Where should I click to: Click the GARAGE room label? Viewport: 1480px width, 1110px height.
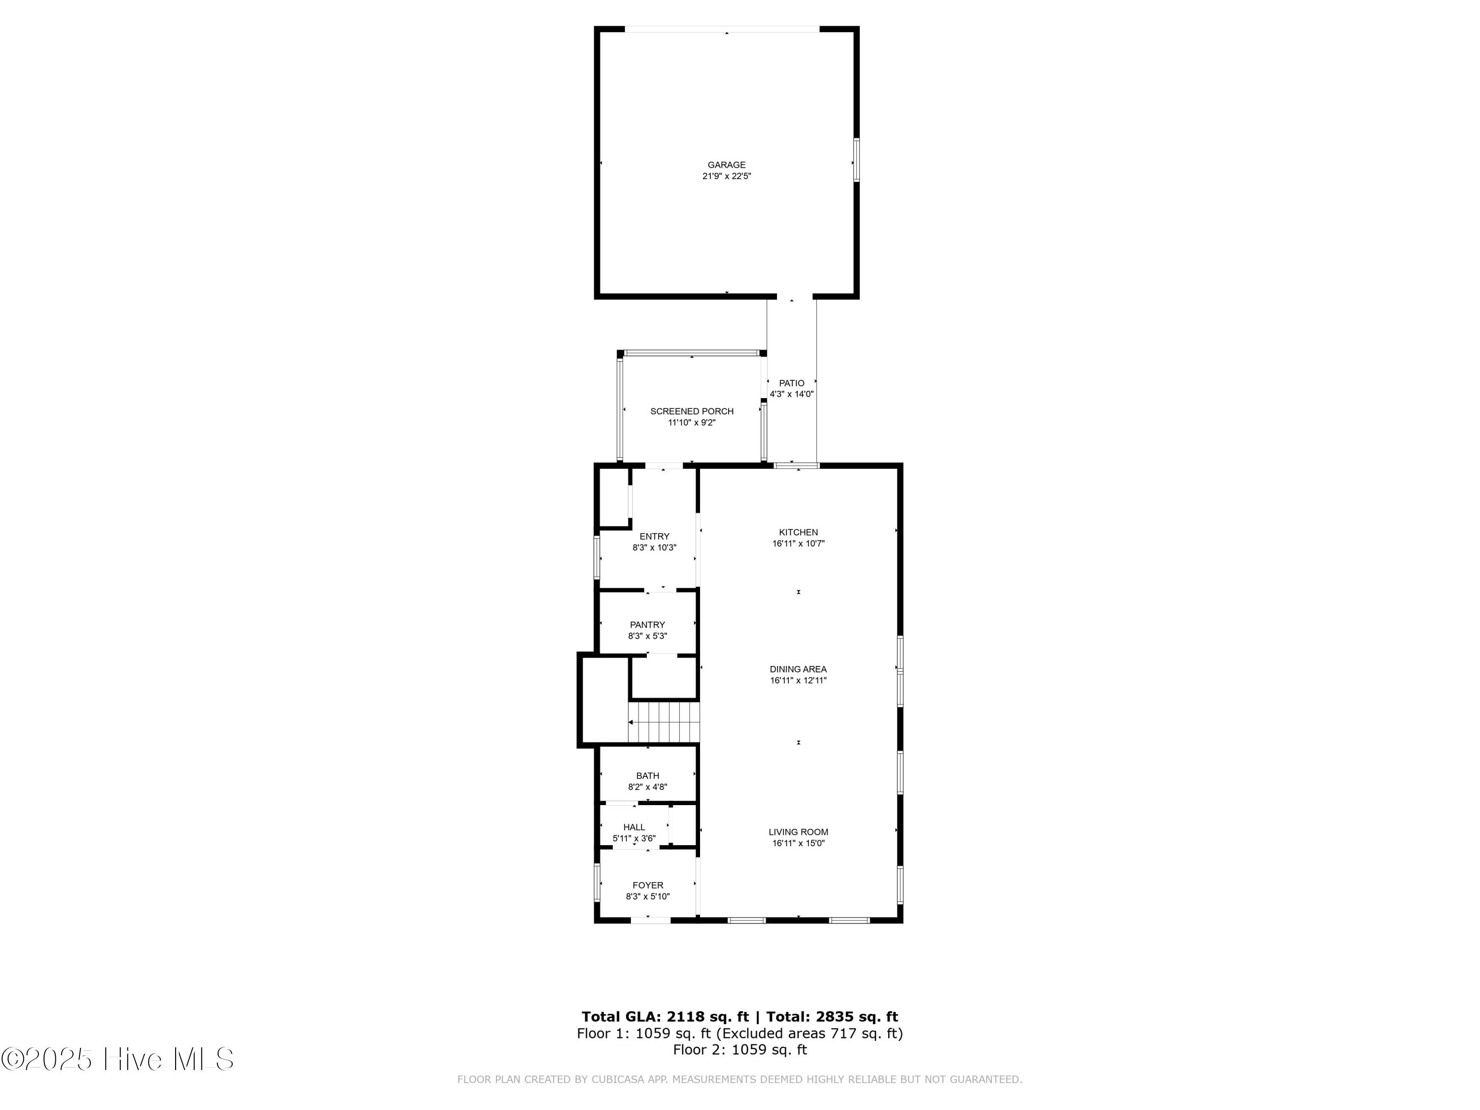click(727, 165)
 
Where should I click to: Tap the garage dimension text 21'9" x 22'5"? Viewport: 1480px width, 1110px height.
click(727, 177)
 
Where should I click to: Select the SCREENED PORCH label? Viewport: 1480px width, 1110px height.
click(692, 411)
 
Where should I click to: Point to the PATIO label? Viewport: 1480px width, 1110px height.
click(791, 383)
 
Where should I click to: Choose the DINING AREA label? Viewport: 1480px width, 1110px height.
click(798, 669)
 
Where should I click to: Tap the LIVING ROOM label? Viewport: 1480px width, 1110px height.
click(798, 832)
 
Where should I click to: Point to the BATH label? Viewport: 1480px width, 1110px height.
click(648, 776)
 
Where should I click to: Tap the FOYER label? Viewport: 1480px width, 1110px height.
click(648, 885)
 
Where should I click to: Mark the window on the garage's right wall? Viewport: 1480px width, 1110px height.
click(856, 160)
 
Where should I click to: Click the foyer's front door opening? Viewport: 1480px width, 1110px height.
click(651, 921)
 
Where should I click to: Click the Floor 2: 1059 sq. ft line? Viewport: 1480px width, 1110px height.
click(740, 1050)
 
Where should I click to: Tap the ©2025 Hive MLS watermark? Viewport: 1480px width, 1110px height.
click(118, 1059)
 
